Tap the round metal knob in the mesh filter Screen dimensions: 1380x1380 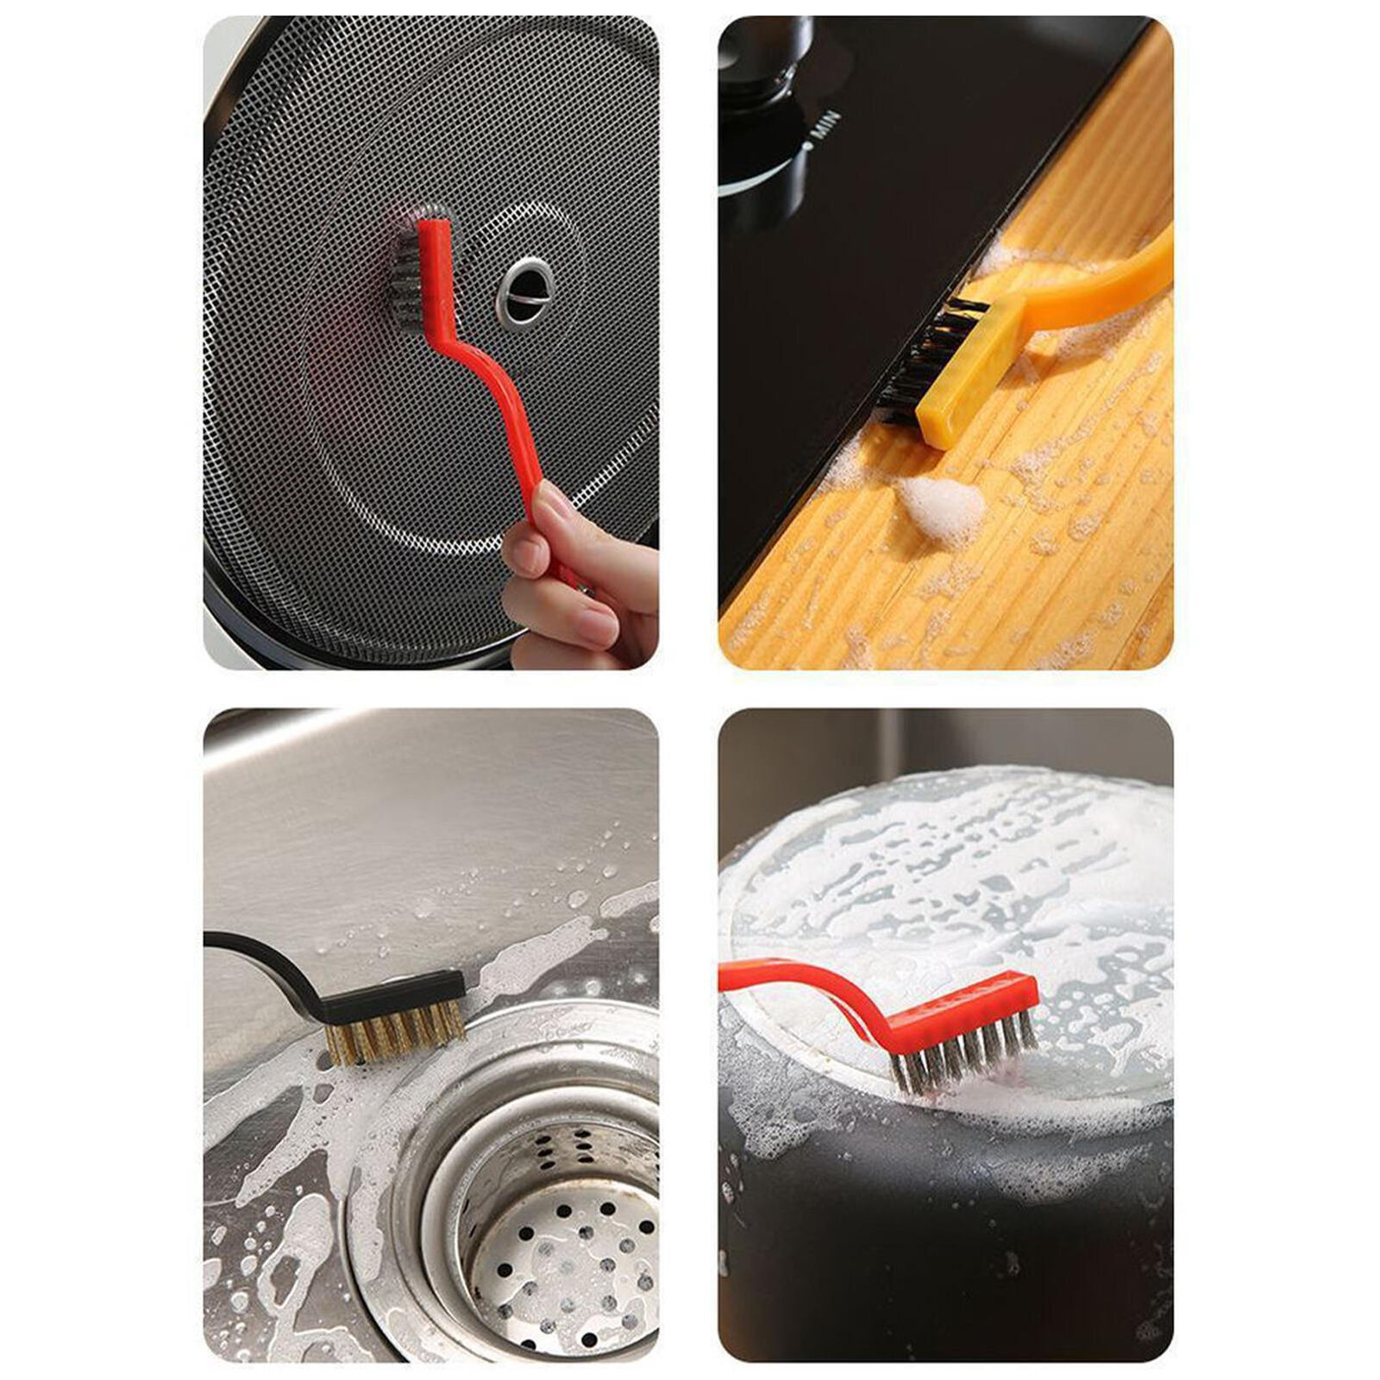(525, 291)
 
